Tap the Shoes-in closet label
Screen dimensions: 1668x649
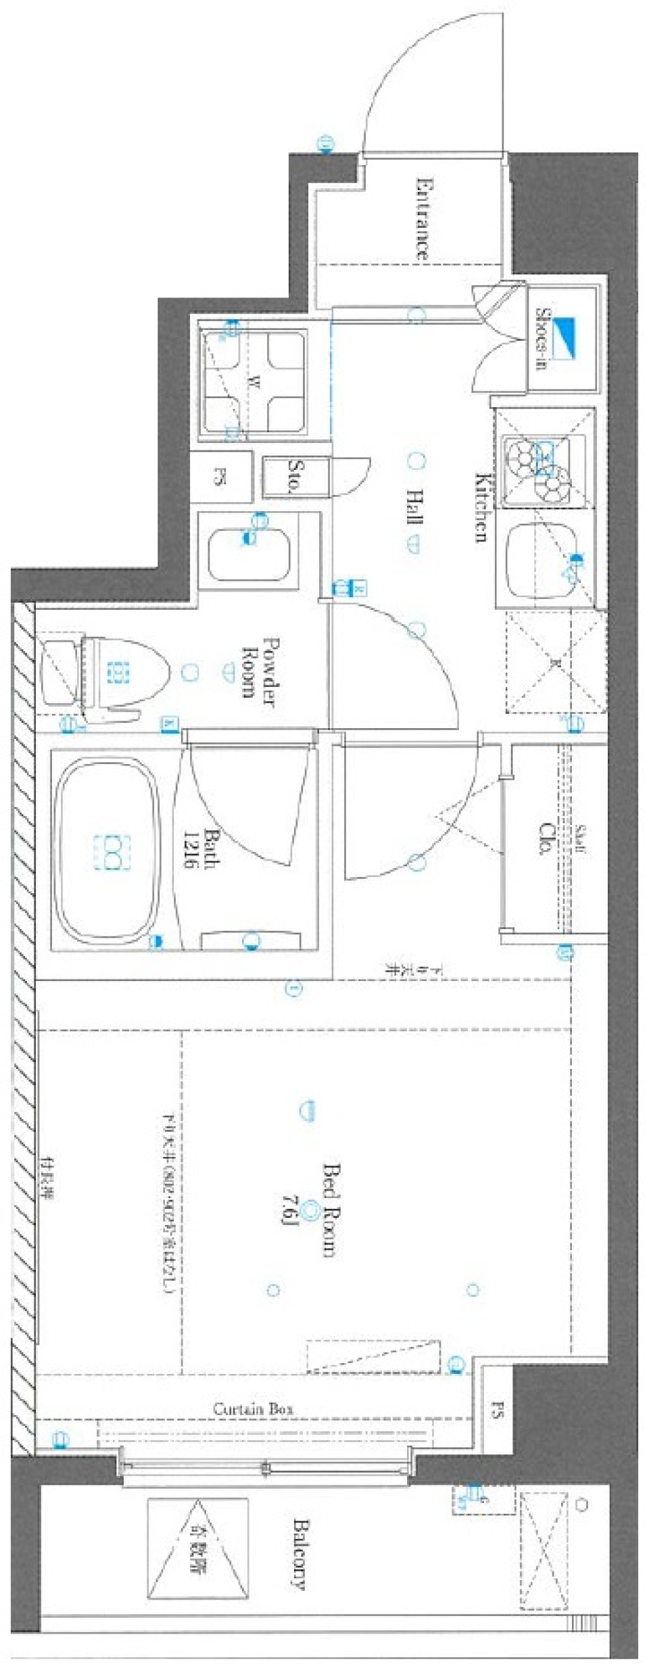point(541,339)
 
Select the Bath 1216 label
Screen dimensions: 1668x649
point(201,849)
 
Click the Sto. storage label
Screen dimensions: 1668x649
point(295,477)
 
